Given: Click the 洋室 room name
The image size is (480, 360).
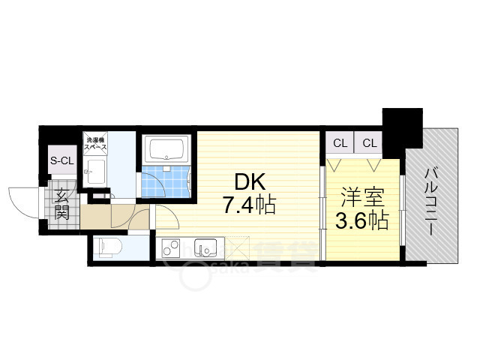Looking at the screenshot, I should [363, 199].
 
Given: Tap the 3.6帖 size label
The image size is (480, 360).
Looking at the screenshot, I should [362, 220].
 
